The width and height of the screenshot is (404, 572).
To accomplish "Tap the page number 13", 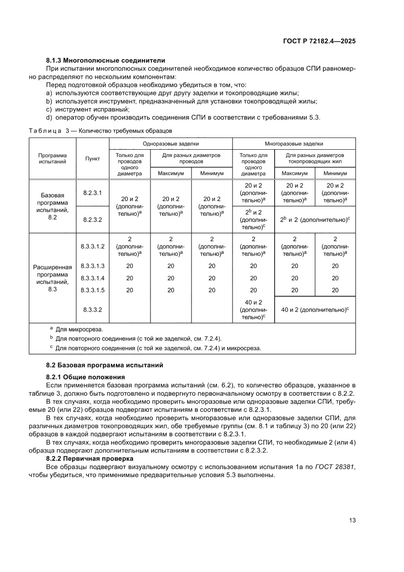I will pos(352,520).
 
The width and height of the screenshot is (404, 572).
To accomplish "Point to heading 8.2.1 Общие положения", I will pos(85,377).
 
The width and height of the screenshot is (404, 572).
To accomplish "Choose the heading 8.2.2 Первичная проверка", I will pos(89,459).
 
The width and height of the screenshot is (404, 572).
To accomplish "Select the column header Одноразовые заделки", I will pos(170,144).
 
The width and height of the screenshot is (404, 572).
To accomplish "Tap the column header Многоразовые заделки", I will pos(294,144).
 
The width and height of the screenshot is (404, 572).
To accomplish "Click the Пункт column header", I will pos(92,159).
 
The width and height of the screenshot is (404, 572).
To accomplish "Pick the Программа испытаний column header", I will pos(53,159).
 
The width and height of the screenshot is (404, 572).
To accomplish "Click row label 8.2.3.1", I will pos(92,193).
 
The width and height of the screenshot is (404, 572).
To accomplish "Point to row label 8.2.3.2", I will pos(92,220).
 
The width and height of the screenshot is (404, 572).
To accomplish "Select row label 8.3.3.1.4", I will pos(92,278).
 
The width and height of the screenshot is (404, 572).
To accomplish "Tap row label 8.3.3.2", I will pos(92,309).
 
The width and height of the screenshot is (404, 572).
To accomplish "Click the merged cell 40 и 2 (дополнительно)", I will pos(315,309).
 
